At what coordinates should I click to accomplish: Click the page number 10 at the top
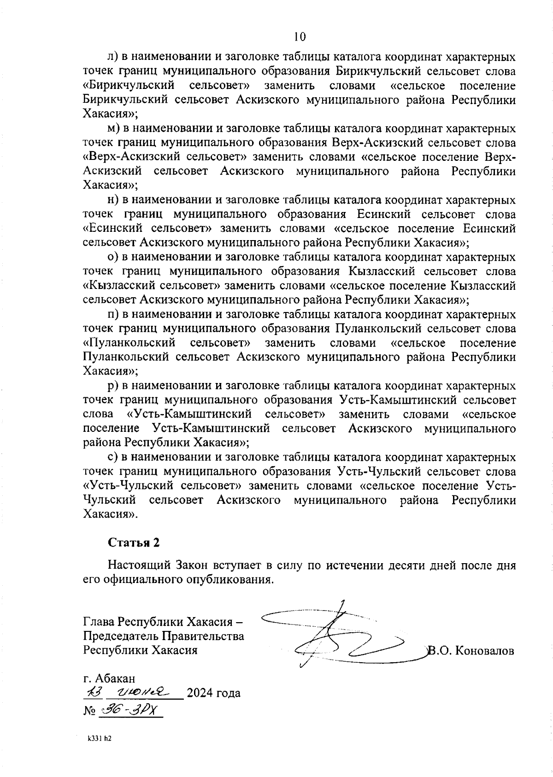[x=299, y=36]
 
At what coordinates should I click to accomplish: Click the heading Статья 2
[x=134, y=542]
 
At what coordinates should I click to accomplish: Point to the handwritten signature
[x=341, y=638]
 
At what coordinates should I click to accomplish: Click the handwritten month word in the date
[x=144, y=692]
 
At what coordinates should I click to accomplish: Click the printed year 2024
[x=201, y=693]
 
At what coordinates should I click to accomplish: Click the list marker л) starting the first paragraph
[x=113, y=57]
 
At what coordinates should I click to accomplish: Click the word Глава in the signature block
[x=99, y=623]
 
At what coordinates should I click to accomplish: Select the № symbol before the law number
[x=89, y=711]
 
